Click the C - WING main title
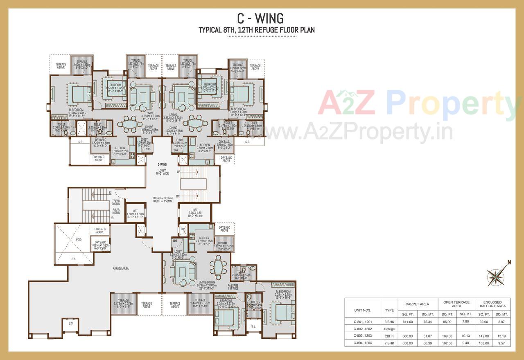(260, 18)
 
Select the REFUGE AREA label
(120, 268)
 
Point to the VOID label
(79, 240)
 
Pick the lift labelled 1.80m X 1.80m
(136, 214)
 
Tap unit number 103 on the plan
(148, 149)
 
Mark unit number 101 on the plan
(175, 241)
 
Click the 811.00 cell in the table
(407, 322)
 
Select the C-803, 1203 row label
(362, 335)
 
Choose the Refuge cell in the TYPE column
(389, 329)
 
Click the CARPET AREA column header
(417, 304)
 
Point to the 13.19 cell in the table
(501, 335)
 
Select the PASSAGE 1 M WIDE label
(233, 287)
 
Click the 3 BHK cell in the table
(389, 322)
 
